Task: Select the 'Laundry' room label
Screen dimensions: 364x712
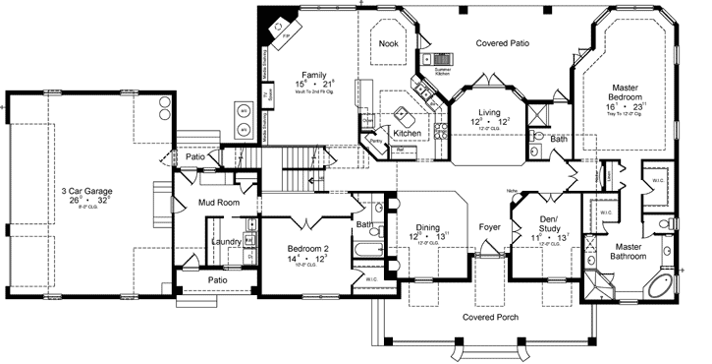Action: pos(228,241)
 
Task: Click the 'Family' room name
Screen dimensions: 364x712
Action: pos(314,75)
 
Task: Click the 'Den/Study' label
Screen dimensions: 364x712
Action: pos(549,223)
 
